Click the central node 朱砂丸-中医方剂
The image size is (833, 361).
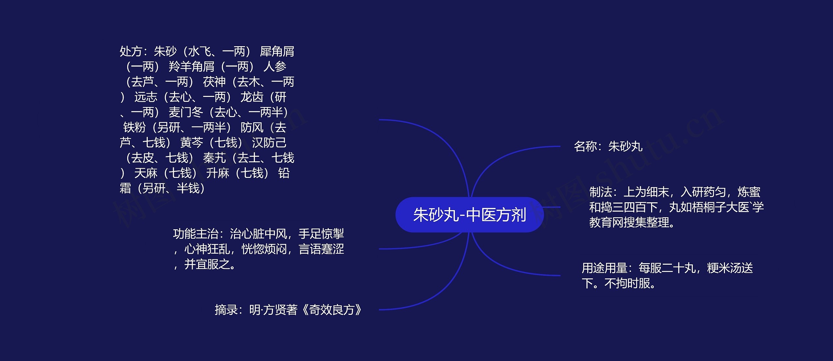(469, 215)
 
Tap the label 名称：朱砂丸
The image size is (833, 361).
(608, 146)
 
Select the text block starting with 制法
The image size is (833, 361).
(676, 207)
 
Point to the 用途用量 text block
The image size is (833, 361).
(667, 275)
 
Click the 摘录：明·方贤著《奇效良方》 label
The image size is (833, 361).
(288, 310)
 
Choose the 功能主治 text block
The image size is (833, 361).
(258, 249)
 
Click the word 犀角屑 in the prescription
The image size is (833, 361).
(277, 51)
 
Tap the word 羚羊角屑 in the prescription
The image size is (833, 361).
(191, 67)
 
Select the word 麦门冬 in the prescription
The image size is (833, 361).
(185, 112)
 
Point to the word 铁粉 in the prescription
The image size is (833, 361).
(134, 127)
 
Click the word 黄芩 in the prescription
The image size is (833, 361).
(191, 142)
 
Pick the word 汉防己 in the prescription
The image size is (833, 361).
(269, 142)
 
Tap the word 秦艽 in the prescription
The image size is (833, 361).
(214, 158)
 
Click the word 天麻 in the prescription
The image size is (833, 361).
(145, 173)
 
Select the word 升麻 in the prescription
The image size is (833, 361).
(217, 173)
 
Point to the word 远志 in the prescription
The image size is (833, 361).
(145, 97)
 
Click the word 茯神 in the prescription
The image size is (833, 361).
(214, 82)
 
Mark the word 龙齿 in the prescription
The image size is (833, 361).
(252, 97)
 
